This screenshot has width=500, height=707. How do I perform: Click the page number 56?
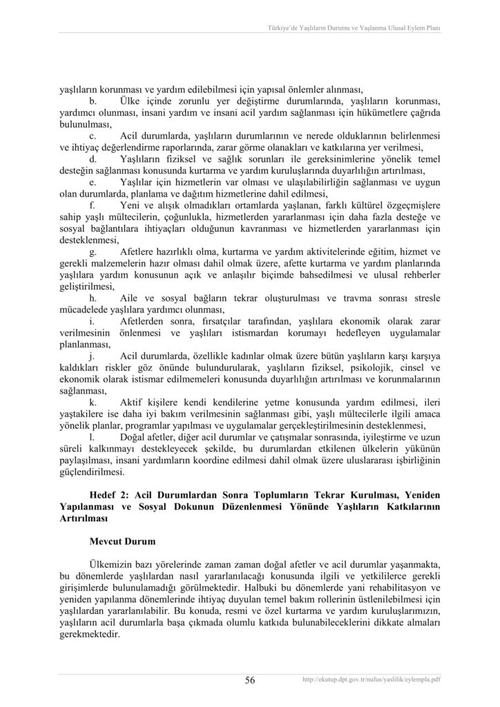[250, 680]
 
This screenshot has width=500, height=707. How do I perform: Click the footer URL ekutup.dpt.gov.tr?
[372, 680]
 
